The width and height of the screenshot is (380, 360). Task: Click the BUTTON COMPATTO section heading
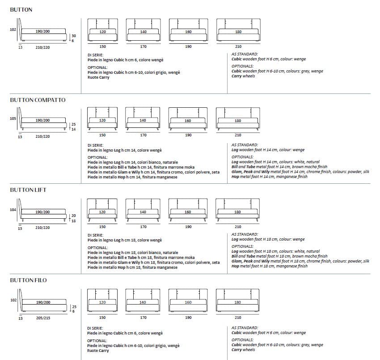click(38, 100)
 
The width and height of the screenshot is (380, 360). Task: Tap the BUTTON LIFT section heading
click(28, 190)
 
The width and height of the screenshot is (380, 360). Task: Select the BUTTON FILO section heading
click(28, 280)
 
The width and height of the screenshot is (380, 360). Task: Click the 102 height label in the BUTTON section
click(13, 30)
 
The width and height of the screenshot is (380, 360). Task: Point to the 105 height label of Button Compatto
click(13, 119)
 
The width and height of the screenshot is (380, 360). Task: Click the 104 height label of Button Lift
click(13, 209)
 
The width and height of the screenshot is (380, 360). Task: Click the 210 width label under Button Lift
click(238, 227)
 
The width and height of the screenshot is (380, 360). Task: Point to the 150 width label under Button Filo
click(102, 318)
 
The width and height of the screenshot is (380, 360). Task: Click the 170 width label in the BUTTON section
click(144, 47)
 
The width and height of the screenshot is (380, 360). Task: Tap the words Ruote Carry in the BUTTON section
click(98, 77)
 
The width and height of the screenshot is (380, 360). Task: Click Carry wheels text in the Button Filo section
click(243, 350)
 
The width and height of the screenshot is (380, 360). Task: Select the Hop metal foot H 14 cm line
click(269, 177)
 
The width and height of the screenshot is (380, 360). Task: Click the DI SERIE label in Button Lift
click(95, 235)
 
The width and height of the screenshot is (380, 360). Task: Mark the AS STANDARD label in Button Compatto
click(245, 145)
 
